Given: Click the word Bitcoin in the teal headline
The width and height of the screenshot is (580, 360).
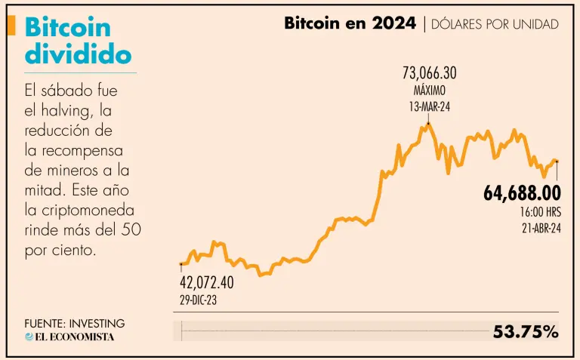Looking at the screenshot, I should click(68, 28).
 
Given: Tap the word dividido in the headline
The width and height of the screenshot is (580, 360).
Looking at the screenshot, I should click(78, 54).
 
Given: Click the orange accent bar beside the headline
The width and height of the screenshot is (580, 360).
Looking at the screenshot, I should click(11, 26).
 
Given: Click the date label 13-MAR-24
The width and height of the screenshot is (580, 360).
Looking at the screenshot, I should click(429, 106).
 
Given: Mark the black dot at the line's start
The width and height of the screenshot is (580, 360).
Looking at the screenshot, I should click(181, 264).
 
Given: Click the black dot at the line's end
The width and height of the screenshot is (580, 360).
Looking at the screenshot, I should click(557, 162).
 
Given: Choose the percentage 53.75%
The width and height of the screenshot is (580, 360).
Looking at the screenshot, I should click(526, 331).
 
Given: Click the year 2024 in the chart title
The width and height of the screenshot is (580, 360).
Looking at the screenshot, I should click(393, 23).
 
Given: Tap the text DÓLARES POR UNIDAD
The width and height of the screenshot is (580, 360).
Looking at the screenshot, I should click(495, 24).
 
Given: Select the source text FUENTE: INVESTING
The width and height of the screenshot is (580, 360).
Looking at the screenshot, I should click(74, 323).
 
